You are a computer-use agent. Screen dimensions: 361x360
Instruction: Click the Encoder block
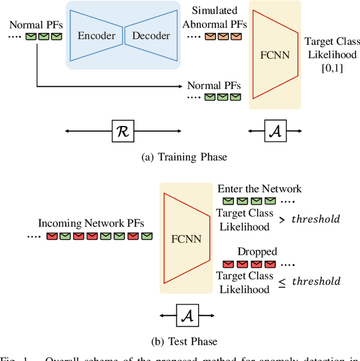[96, 36]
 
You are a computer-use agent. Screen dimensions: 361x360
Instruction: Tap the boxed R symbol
[123, 131]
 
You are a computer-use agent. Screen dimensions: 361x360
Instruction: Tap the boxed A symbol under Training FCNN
[276, 131]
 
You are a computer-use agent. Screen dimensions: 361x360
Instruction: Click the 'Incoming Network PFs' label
[91, 223]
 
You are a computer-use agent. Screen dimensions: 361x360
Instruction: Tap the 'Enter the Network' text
[259, 189]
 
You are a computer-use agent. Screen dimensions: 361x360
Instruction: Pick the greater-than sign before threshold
[281, 220]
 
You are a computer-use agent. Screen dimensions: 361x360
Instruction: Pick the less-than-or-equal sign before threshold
[281, 282]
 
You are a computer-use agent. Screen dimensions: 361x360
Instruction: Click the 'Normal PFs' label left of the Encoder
[35, 25]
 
